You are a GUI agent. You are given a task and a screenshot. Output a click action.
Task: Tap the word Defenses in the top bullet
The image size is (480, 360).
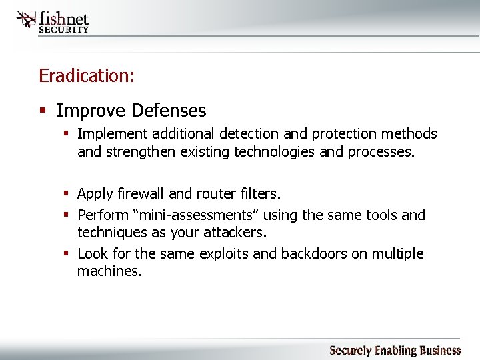click(169, 110)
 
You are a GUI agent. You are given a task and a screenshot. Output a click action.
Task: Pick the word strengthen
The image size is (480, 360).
click(136, 152)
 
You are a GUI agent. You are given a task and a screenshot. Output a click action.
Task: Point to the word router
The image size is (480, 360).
click(217, 194)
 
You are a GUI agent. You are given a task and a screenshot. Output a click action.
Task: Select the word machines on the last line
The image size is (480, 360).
click(109, 271)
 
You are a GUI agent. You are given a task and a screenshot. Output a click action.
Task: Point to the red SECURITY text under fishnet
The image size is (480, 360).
click(64, 29)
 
